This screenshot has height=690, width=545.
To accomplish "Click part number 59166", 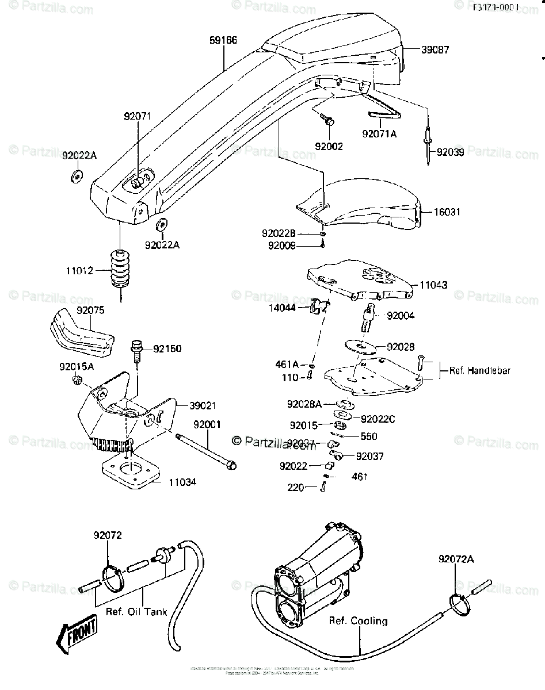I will click(x=223, y=40).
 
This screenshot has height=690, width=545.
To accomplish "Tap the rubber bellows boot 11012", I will click(x=120, y=269).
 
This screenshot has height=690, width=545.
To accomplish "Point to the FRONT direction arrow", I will click(x=74, y=637).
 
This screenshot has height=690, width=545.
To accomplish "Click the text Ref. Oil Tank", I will click(x=136, y=612).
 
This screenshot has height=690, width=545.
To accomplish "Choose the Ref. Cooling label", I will click(x=358, y=621).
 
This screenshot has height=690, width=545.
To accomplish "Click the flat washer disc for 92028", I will click(x=360, y=347).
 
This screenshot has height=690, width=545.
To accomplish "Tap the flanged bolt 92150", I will click(x=136, y=349).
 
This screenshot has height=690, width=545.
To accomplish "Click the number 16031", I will click(x=447, y=212).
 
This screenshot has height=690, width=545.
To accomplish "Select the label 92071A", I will click(x=380, y=133).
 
